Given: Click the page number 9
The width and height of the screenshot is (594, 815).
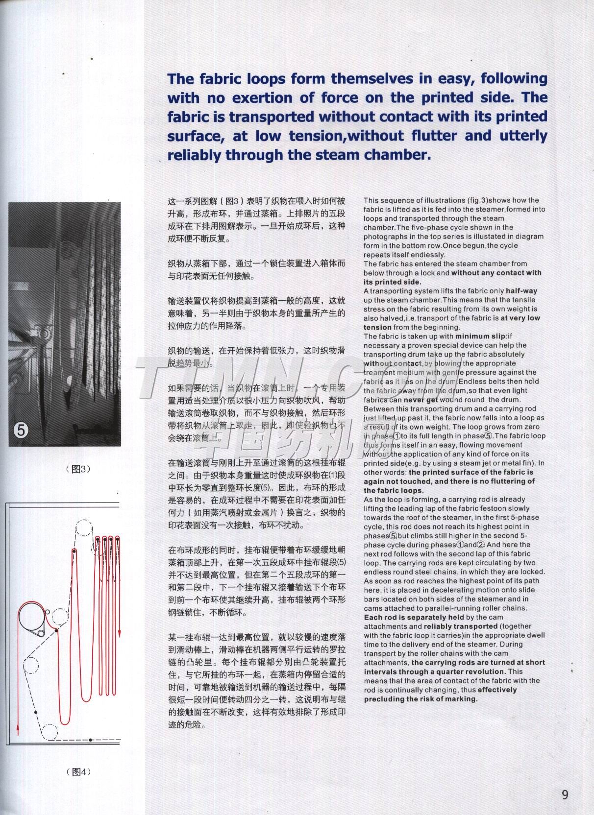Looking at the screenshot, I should tap(565, 794).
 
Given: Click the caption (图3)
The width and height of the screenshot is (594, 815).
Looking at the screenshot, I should tap(78, 469).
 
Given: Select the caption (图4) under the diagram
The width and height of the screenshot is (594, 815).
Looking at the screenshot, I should tap(78, 772).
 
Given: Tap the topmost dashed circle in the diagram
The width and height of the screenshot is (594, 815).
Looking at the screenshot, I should tap(85, 530).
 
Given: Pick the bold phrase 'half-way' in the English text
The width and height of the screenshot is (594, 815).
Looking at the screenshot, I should tap(521, 290).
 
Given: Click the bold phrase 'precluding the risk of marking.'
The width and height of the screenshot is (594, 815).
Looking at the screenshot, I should tap(421, 699).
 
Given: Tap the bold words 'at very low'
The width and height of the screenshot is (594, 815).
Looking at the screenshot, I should tap(520, 318).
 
